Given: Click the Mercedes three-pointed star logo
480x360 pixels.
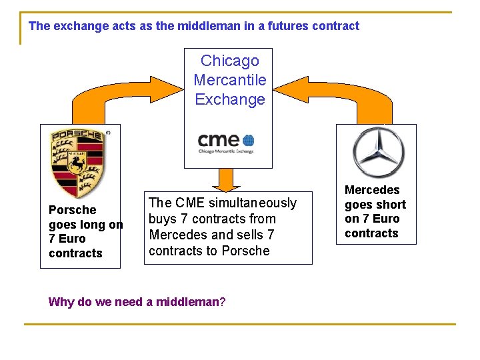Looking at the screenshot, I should (379, 149).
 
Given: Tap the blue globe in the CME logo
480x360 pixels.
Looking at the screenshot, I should (248, 141).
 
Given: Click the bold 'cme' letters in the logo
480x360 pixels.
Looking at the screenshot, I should (218, 139).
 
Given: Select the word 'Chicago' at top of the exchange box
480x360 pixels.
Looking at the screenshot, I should (229, 61).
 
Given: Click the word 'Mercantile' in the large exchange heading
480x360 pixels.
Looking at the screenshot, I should (229, 81).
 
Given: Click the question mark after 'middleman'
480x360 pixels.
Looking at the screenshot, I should (223, 302).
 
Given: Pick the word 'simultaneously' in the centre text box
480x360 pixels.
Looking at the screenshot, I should (253, 203).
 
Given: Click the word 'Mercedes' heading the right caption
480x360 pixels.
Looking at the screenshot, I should (372, 190).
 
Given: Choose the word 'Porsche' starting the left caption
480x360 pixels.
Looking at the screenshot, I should (72, 210).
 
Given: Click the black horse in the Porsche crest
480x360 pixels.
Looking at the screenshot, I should (79, 161).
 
